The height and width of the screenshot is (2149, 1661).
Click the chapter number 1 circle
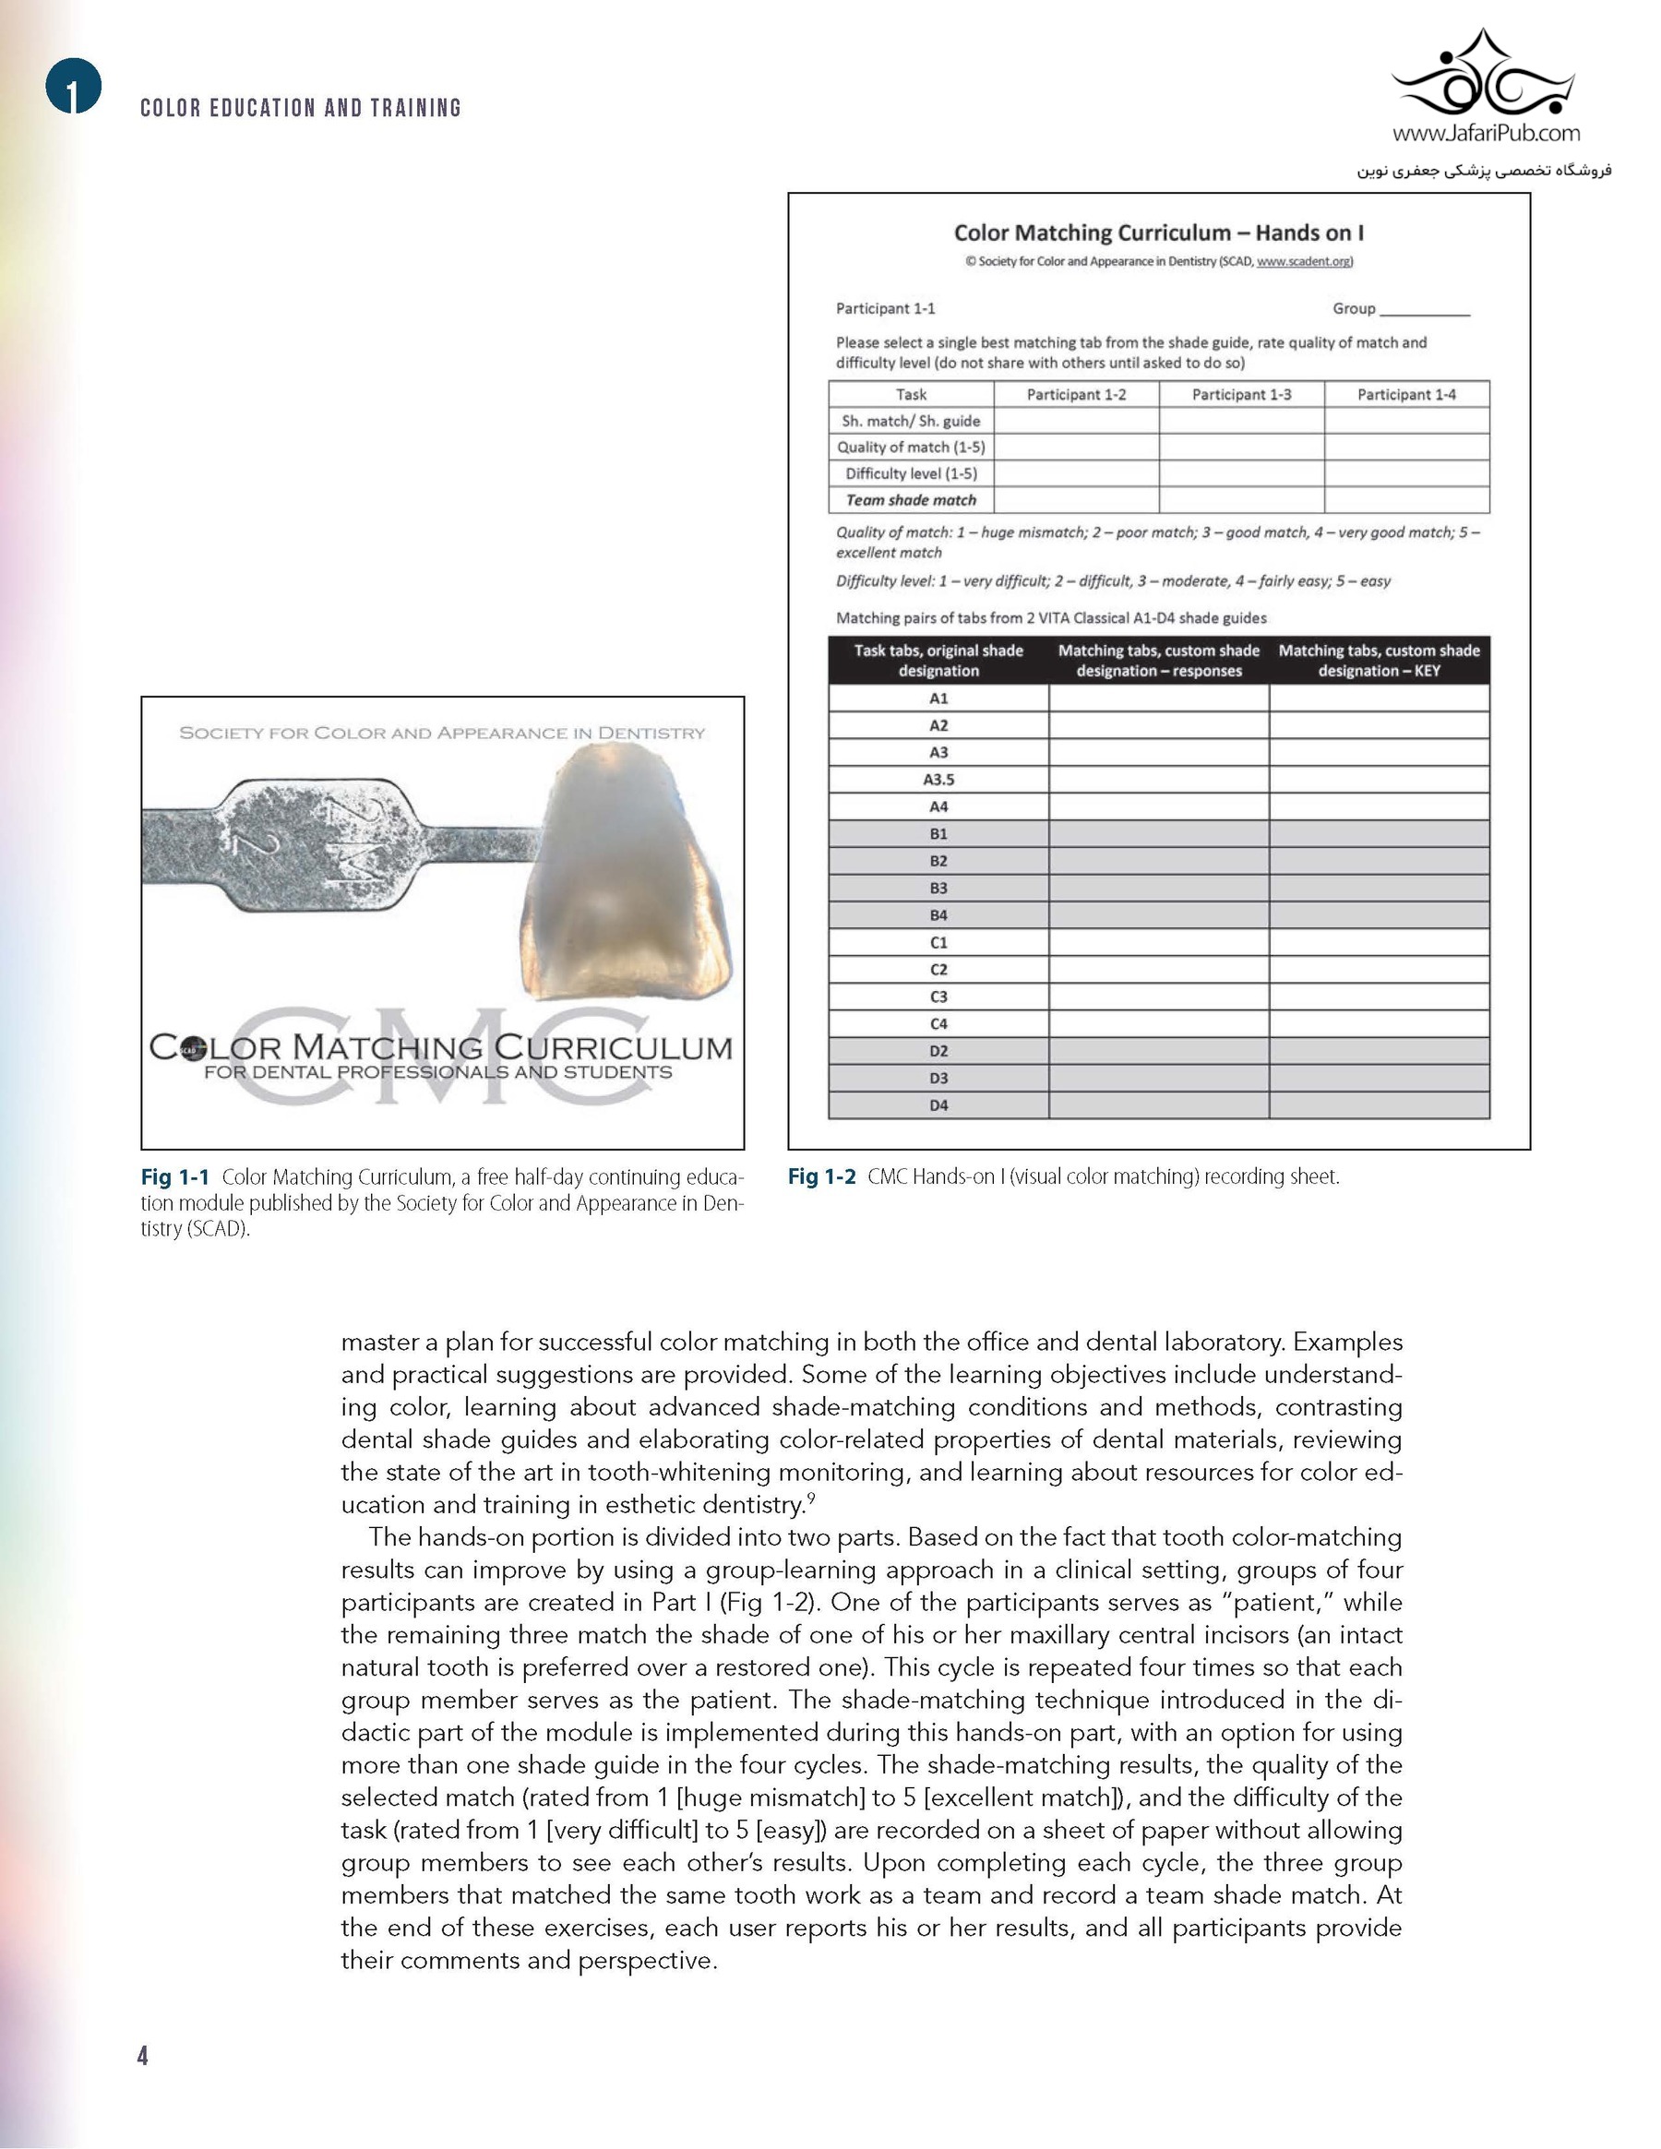point(73,87)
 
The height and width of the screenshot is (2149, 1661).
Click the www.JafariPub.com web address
point(1486,133)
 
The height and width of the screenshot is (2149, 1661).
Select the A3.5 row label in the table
point(938,780)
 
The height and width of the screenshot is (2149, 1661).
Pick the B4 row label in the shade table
point(938,915)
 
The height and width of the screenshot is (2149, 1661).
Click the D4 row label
point(938,1105)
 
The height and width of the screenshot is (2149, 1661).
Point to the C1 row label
point(938,943)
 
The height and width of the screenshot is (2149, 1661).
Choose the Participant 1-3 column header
point(1241,395)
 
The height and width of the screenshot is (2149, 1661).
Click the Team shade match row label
point(910,500)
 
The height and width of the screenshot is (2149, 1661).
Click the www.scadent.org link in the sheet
point(1304,262)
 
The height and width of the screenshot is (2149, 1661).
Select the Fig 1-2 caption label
point(821,1176)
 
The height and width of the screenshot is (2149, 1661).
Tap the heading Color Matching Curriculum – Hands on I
point(1158,233)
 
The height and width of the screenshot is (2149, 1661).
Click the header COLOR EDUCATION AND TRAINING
point(300,108)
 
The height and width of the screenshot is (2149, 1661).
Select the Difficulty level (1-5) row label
point(910,473)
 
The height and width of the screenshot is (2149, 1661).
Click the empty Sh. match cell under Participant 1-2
point(1076,421)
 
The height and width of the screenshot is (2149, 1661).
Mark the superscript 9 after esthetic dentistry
point(810,1498)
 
